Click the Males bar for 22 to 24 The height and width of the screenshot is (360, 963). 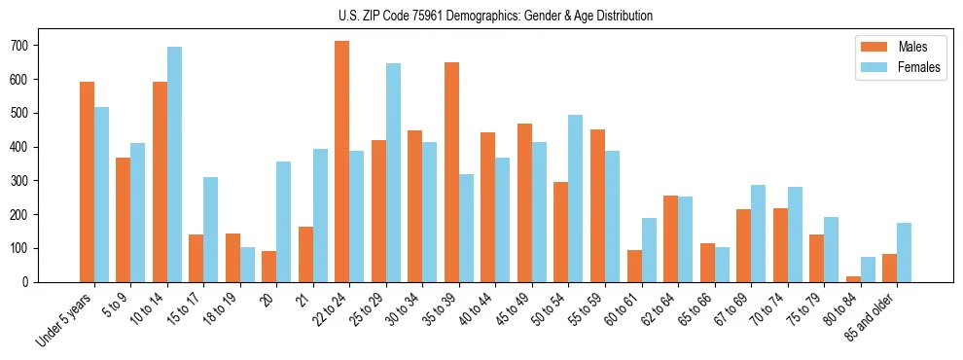click(x=342, y=162)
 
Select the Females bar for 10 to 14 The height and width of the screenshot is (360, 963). click(x=174, y=164)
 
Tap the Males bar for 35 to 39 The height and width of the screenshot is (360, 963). click(x=451, y=172)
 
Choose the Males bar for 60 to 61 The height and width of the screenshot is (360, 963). click(x=634, y=266)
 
